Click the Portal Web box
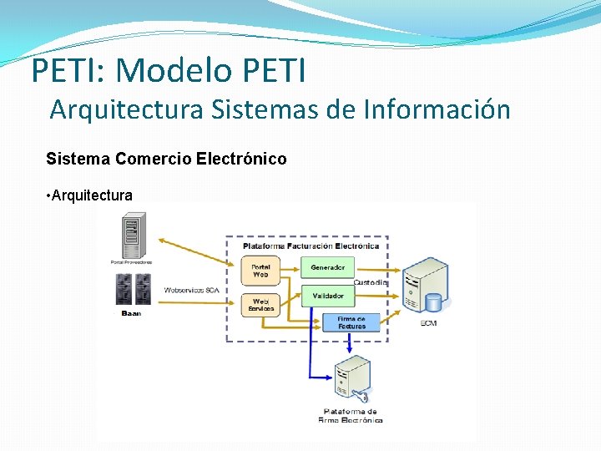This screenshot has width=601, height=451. coord(260,270)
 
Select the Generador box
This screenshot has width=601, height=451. coord(327,267)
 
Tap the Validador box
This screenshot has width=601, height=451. coord(327,296)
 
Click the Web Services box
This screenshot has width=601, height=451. coord(260,304)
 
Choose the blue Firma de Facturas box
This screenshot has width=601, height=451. coord(351,322)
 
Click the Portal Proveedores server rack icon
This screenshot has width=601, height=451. coord(131,236)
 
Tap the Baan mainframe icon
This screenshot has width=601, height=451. coord(131,289)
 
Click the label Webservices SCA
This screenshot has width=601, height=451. coord(191,290)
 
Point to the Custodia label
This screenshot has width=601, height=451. coord(370,282)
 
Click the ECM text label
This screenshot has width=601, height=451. coord(427,323)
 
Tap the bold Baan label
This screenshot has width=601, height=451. coord(131,313)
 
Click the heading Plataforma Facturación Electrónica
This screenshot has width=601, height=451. coord(311,246)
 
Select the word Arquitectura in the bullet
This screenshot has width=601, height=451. coord(92,195)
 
